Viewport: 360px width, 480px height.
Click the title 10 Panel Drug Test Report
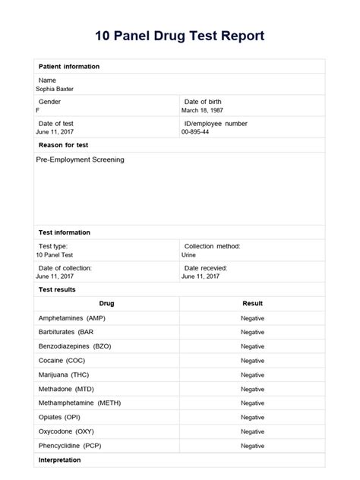pos(180,36)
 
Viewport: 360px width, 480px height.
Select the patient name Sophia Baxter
pos(55,89)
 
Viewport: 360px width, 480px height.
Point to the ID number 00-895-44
pos(195,131)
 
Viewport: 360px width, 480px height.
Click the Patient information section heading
pos(68,67)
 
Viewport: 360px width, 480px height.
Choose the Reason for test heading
pos(63,144)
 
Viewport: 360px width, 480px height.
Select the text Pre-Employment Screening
pos(80,160)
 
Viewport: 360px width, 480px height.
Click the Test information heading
pos(64,232)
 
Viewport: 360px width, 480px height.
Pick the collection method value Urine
pos(188,255)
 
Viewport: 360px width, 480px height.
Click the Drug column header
pos(106,303)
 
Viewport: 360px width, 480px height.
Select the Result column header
pos(252,303)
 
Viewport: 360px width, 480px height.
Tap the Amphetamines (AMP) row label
pos(73,318)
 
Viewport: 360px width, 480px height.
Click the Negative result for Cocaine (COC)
pos(252,361)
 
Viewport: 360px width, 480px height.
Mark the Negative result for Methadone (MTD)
pos(252,389)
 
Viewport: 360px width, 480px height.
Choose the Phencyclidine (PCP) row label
pos(69,446)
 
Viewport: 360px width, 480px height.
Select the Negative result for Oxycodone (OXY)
pos(252,431)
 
